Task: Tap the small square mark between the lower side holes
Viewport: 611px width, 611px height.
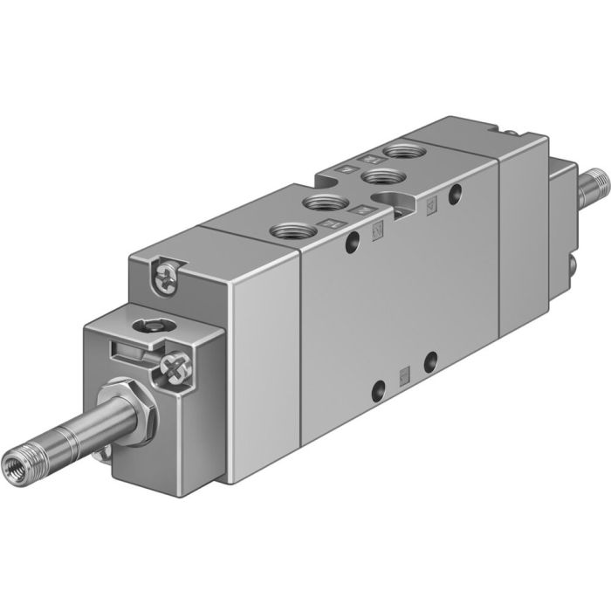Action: click(x=403, y=375)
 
